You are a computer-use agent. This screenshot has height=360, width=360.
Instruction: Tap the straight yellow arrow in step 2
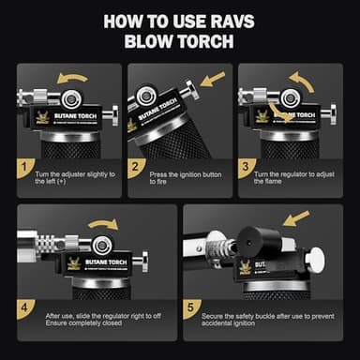(x=214, y=77)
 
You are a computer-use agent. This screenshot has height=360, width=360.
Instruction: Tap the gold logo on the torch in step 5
(x=245, y=268)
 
